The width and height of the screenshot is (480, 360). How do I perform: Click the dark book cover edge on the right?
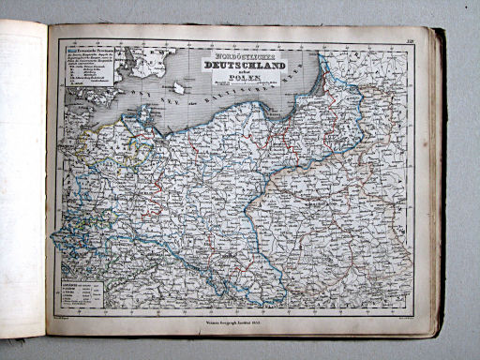439,178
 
